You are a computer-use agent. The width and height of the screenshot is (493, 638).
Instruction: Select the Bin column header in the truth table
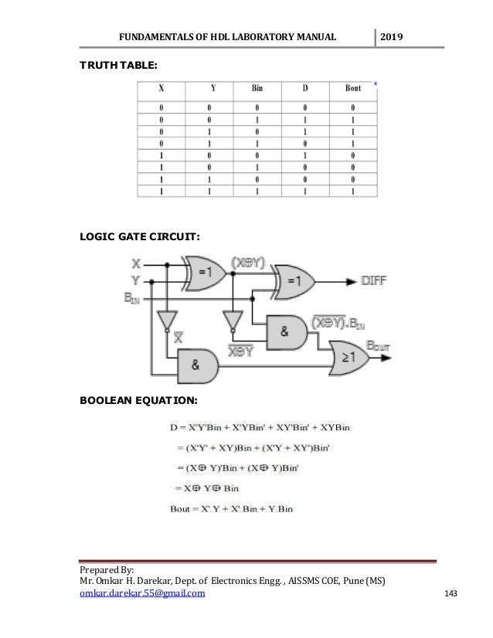pyautogui.click(x=257, y=88)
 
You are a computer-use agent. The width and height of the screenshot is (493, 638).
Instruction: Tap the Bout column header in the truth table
pyautogui.click(x=352, y=88)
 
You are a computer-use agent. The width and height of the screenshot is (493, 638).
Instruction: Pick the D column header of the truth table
pyautogui.click(x=304, y=88)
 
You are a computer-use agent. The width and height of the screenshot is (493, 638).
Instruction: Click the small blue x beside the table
pyautogui.click(x=376, y=82)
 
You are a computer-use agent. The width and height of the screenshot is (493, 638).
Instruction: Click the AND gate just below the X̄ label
pyautogui.click(x=197, y=365)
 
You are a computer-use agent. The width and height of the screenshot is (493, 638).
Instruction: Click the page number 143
pyautogui.click(x=452, y=593)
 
